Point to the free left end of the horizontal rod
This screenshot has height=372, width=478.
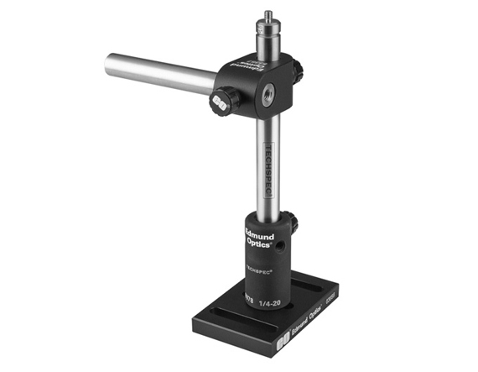(111, 64)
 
